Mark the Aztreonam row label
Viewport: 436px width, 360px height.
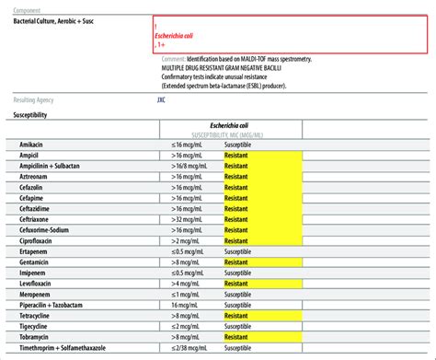click(34, 180)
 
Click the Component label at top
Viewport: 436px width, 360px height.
click(32, 6)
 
